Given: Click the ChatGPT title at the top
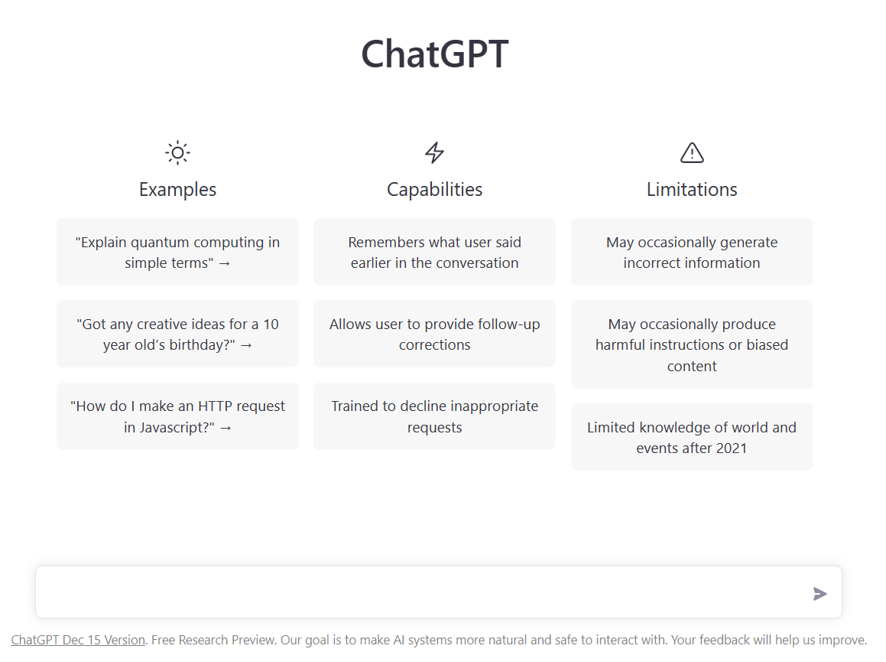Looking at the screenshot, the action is coord(434,54).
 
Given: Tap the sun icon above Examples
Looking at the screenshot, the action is coord(177,152).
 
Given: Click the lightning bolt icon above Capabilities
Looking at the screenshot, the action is coord(434,152).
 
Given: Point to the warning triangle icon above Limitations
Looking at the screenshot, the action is coord(692,153).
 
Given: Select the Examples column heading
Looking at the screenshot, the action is coord(177,190).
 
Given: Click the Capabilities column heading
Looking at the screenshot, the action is coord(434,190).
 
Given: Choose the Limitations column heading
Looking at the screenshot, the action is coord(692,190).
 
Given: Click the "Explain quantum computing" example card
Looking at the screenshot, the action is coord(177,252).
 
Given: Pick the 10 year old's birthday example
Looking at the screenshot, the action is coord(177,334).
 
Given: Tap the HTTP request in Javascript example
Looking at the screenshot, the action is coord(177,416).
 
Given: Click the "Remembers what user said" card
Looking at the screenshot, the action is coord(434,252).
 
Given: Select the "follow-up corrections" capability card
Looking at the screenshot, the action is coord(434,334).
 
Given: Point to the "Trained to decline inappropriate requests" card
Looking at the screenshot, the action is coord(434,416).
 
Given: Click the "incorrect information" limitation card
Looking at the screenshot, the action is coord(692,252).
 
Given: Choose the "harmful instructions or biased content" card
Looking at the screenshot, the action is coord(692,344).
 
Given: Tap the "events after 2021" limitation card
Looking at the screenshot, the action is coord(692,437).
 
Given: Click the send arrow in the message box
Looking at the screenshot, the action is coord(820,594).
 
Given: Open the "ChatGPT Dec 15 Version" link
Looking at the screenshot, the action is coord(78,640).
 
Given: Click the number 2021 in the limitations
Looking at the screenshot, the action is coord(731,448).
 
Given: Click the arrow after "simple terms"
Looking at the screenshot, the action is coord(224,264).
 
